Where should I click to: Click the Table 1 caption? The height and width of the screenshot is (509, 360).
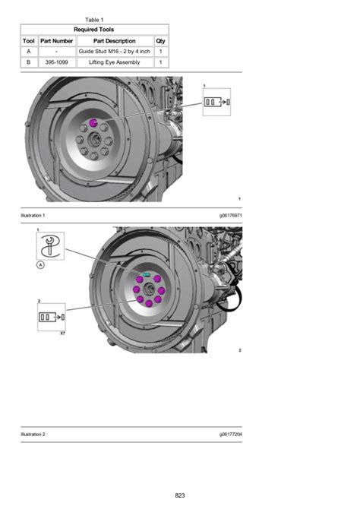(x=94, y=20)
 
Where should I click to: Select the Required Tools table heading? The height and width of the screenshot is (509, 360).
(x=94, y=30)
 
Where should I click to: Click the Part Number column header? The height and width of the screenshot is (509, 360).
(x=56, y=41)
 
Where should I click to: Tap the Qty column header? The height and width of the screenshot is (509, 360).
(x=161, y=41)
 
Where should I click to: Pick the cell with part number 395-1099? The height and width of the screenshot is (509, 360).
(x=56, y=62)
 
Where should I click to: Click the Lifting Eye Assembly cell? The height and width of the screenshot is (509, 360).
(x=114, y=62)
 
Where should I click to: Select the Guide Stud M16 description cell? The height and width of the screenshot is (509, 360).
(x=114, y=52)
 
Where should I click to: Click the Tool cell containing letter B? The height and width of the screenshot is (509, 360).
(x=29, y=62)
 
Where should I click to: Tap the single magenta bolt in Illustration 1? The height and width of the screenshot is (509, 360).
(x=93, y=123)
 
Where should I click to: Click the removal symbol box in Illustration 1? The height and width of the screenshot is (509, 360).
(x=216, y=102)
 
